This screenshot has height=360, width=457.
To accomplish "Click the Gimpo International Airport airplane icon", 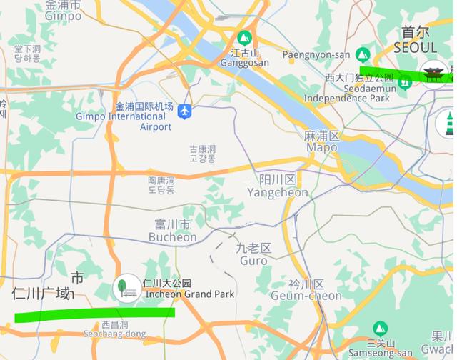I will click(x=185, y=111).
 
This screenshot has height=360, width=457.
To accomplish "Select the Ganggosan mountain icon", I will click(x=245, y=38).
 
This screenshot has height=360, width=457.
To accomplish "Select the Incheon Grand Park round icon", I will click(x=126, y=288).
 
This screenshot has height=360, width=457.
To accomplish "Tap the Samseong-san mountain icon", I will click(x=381, y=329).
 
